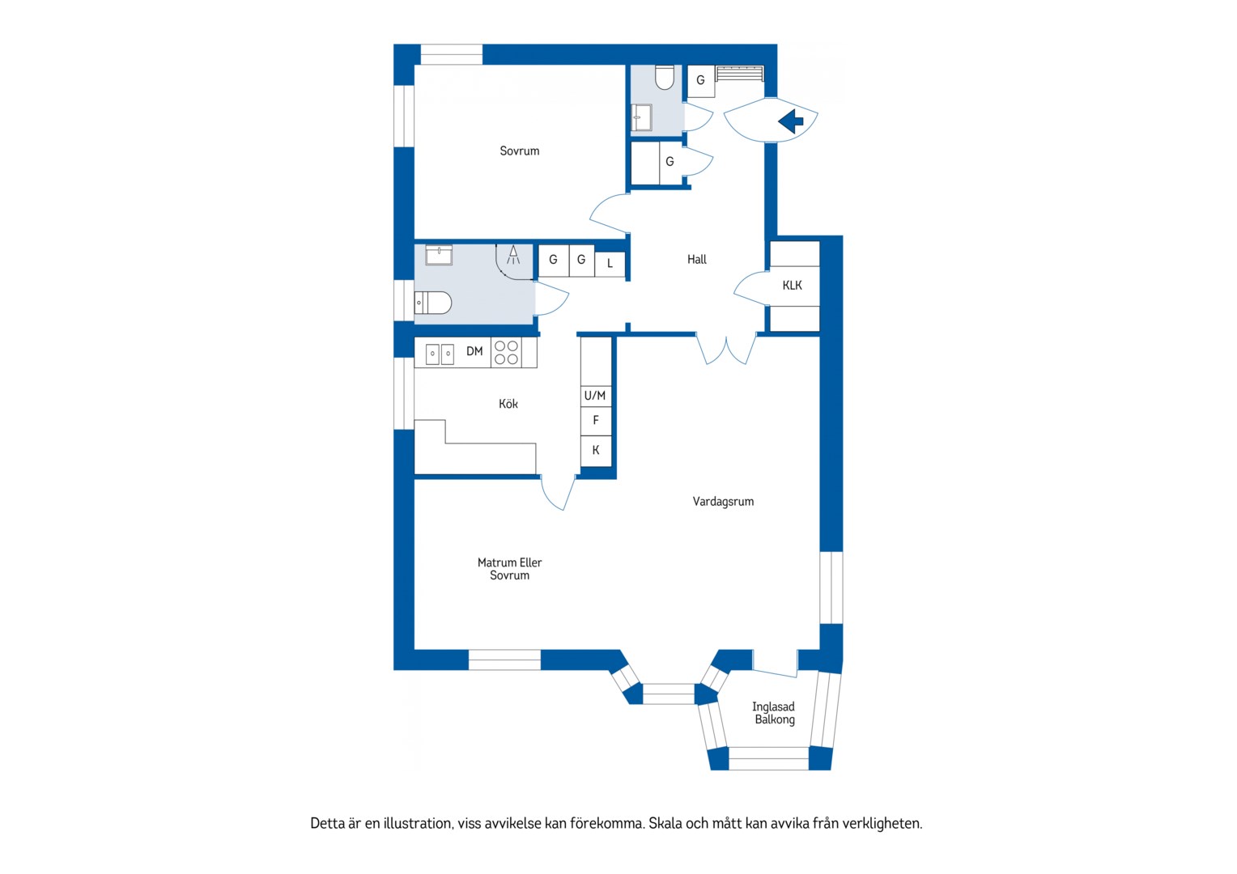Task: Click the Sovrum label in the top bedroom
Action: coord(519,151)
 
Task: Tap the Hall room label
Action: coord(697,259)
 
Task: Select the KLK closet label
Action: coord(792,286)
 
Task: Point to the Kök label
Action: coord(508,404)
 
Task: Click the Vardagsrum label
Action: coord(723,501)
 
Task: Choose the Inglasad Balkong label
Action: coord(774,713)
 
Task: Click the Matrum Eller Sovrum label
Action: coord(510,569)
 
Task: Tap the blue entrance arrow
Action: coord(791,121)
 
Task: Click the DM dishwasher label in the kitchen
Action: coord(474,351)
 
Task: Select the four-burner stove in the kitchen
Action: coord(507,353)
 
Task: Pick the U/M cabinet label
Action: coord(595,395)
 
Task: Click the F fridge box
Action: coord(596,421)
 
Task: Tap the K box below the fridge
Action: coord(596,451)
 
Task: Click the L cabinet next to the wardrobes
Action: coord(610,264)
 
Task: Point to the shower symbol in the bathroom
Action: coord(513,255)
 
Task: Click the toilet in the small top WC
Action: coord(665,78)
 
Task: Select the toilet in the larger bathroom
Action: coord(433,303)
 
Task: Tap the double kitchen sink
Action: coord(440,354)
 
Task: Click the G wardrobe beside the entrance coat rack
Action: coord(701,81)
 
